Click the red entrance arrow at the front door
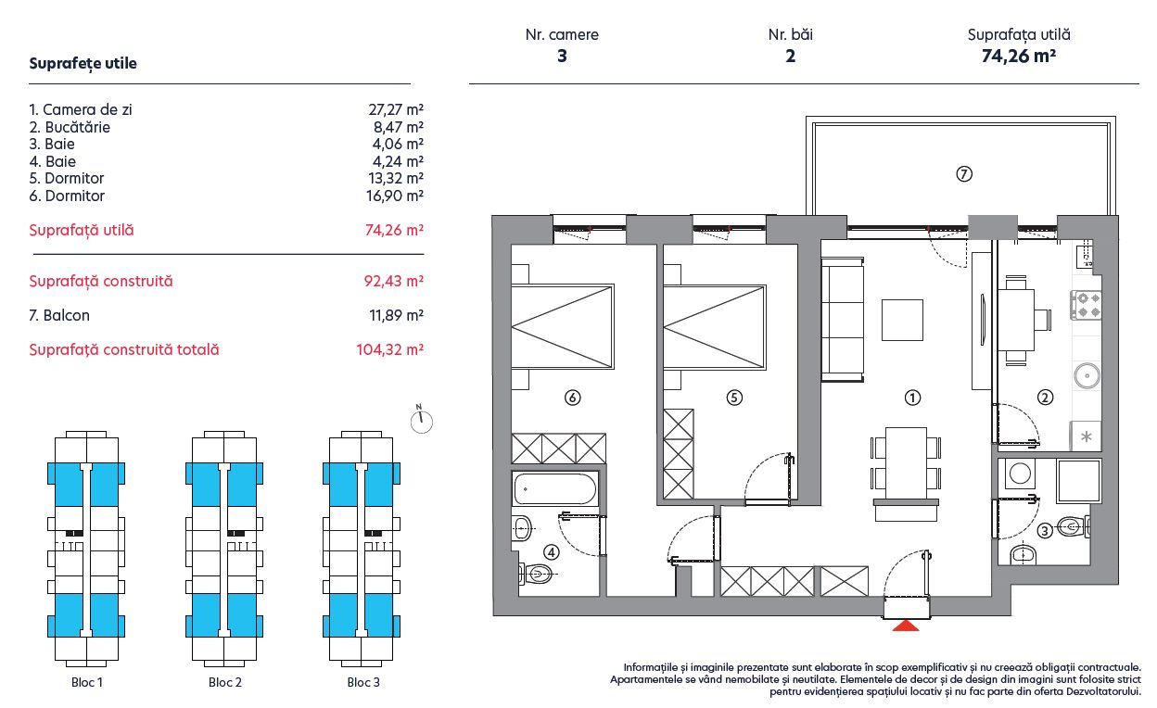coord(905,626)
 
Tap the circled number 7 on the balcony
coord(964,173)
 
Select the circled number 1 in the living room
coord(912,398)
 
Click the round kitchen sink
coord(1086,375)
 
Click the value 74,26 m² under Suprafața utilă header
coord(1019,56)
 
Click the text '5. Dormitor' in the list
coord(67,178)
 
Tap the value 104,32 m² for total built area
coord(390,350)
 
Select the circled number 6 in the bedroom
coord(572,398)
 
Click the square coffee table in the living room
coord(902,321)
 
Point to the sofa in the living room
coord(842,321)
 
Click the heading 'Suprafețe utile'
coord(83,64)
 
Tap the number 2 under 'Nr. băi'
coord(790,56)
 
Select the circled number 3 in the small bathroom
coord(1044,531)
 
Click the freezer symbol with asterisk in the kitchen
coord(1087,436)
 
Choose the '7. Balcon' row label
coord(59,315)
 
